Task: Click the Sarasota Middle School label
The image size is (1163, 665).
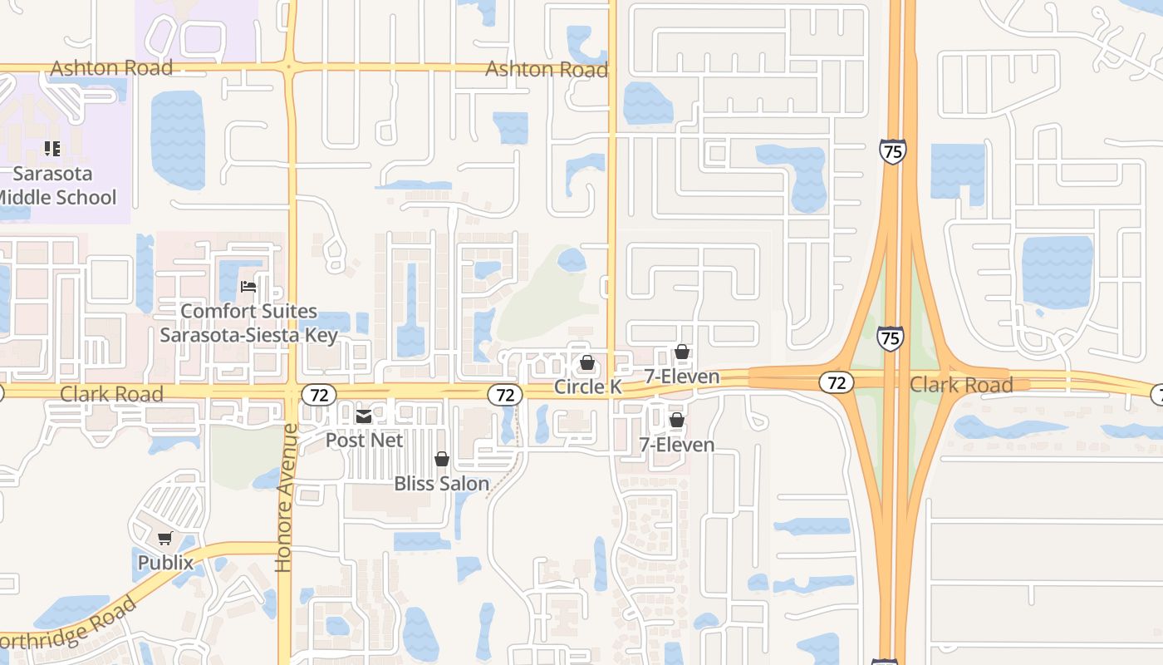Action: coord(56,185)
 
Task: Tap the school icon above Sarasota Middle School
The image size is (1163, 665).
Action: coord(52,149)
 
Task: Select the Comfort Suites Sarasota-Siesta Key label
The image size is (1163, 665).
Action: coord(248,323)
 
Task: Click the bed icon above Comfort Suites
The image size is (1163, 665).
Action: coord(248,288)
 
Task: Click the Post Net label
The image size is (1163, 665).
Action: coord(364,440)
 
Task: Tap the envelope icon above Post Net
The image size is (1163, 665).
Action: coord(364,416)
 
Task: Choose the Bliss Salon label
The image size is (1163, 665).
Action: coord(441,483)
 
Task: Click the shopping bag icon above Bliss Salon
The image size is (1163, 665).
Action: coord(442,459)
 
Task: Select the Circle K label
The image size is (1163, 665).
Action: coord(587,387)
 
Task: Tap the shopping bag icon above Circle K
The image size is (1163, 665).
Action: coord(587,363)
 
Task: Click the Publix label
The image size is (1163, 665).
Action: coord(165,563)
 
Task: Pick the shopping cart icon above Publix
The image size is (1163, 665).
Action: coord(165,539)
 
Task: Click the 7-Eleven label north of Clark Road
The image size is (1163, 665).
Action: coord(682,377)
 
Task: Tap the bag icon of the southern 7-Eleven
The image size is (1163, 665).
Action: coord(677,421)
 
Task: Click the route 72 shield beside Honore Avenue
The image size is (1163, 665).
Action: coord(318,394)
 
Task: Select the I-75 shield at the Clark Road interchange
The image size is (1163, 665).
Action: coord(890,338)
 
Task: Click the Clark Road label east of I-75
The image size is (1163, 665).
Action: coord(961,385)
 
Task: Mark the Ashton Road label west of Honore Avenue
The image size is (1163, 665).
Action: coord(111,68)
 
